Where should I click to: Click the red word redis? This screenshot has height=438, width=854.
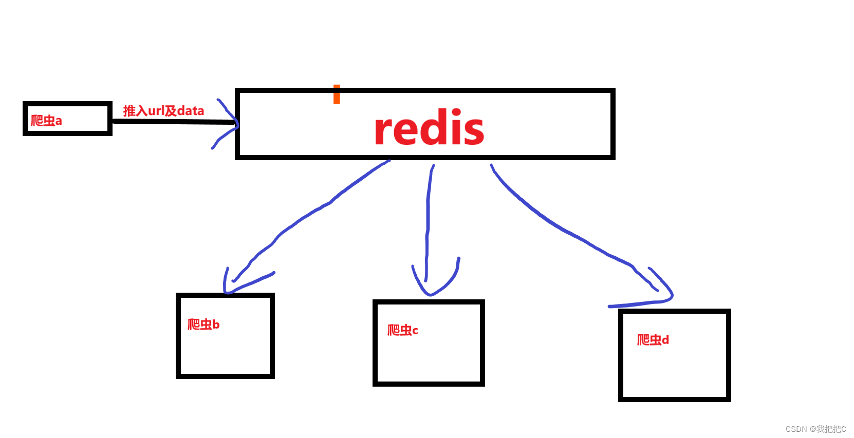[429, 128]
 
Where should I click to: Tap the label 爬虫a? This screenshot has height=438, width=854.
[46, 121]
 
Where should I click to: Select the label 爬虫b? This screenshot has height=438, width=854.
[203, 325]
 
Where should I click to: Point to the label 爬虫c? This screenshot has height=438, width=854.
[402, 330]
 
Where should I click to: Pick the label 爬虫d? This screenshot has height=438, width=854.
[653, 340]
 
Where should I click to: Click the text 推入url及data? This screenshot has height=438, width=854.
[163, 111]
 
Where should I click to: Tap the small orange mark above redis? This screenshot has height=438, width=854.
[337, 94]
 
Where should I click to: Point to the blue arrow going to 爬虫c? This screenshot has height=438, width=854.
[428, 216]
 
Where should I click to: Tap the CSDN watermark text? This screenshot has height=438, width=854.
[815, 429]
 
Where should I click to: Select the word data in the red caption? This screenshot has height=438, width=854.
[191, 111]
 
